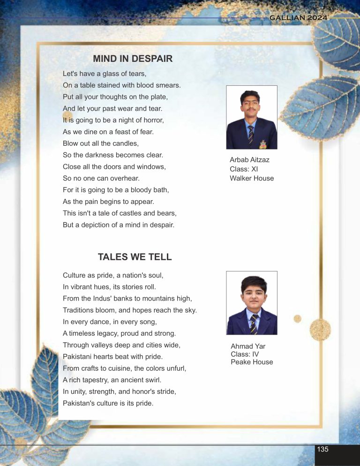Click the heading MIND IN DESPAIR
[133, 59]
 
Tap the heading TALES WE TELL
[135, 257]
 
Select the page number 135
[322, 449]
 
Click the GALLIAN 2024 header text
[298, 18]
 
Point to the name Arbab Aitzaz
[249, 160]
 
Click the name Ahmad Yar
[248, 346]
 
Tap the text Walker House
[252, 178]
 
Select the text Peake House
[252, 362]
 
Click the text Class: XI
[244, 169]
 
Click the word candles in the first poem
[127, 143]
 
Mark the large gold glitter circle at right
[320, 328]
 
